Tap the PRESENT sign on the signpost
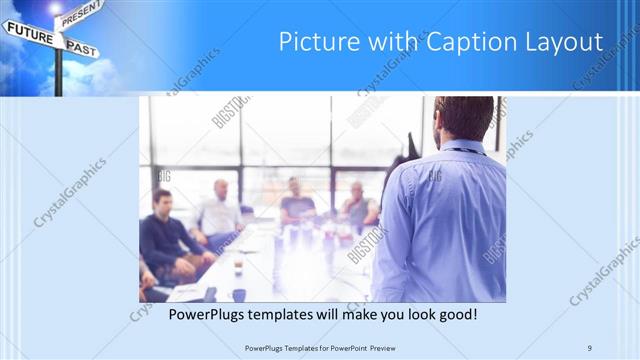pyautogui.click(x=80, y=13)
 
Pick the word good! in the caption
pyautogui.click(x=455, y=315)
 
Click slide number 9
pyautogui.click(x=591, y=347)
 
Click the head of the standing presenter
pyautogui.click(x=464, y=119)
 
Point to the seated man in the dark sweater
pyautogui.click(x=164, y=236)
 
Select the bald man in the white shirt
pyautogui.click(x=220, y=211)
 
